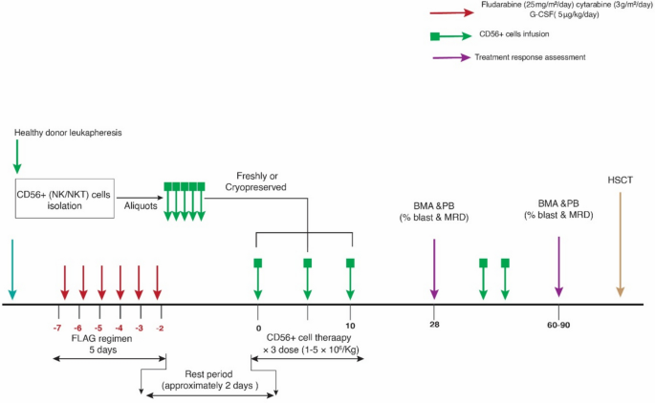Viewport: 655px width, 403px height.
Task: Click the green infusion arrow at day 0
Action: pos(257,282)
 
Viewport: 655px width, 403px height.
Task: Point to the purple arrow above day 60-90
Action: pos(558,267)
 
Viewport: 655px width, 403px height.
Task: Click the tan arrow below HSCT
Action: pos(620,246)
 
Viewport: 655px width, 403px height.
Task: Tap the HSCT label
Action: pos(620,181)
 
